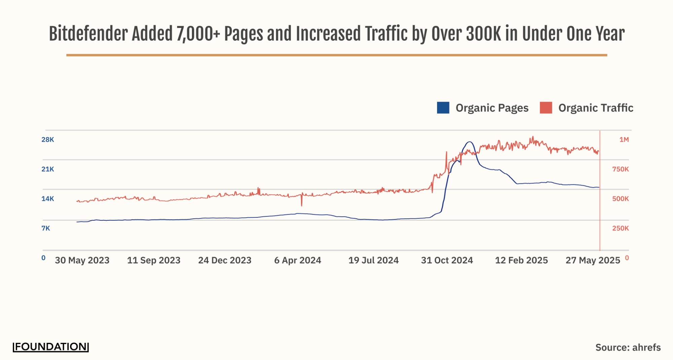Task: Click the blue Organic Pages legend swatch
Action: pos(443,108)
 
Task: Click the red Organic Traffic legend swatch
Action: pos(545,108)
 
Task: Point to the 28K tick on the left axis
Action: pos(47,140)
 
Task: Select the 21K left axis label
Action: pos(47,169)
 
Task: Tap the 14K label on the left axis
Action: pos(47,199)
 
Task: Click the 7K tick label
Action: pos(45,228)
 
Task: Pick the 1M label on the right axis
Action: pos(624,140)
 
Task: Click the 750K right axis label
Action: pos(620,169)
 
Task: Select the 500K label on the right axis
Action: pos(620,199)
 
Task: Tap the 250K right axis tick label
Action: pos(620,228)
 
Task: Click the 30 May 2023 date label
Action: pos(82,260)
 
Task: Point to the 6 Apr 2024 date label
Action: pos(298,260)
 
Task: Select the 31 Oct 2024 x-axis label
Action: pos(447,260)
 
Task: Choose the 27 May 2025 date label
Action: pos(593,260)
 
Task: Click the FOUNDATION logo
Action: pos(51,347)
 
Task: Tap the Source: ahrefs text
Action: pos(628,348)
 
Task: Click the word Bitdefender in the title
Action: pos(88,34)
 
